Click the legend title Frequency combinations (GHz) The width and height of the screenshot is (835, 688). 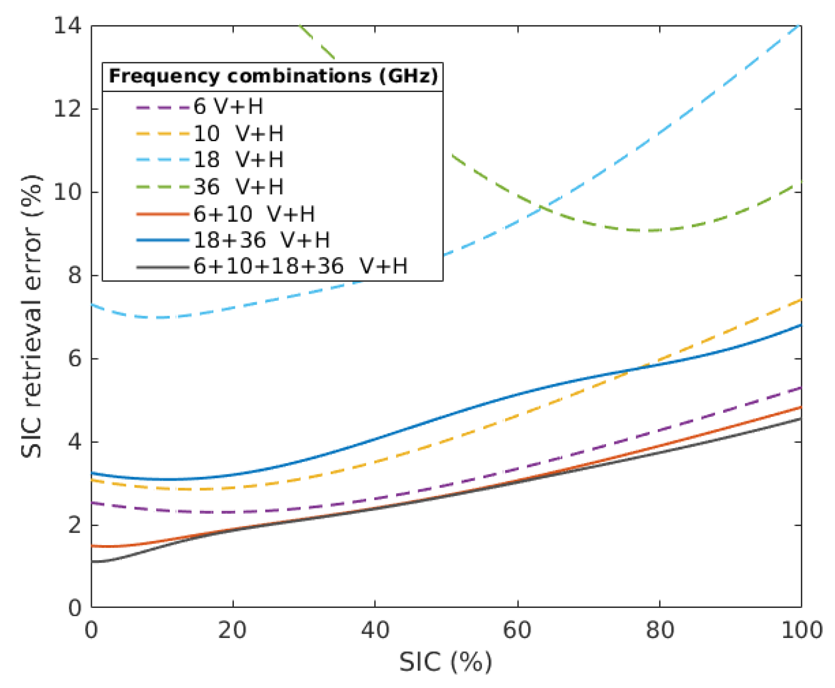(273, 76)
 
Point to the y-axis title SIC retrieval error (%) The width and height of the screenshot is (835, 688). (32, 316)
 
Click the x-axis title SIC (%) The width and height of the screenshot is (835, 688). (445, 662)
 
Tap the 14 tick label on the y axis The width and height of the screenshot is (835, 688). (67, 26)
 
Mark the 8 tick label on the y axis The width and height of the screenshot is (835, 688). (75, 275)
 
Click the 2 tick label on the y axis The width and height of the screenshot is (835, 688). (75, 525)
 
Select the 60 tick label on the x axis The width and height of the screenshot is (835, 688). (517, 630)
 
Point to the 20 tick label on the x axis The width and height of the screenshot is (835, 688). (233, 630)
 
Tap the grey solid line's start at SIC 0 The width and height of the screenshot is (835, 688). (92, 561)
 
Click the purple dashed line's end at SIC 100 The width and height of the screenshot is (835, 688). (801, 388)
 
